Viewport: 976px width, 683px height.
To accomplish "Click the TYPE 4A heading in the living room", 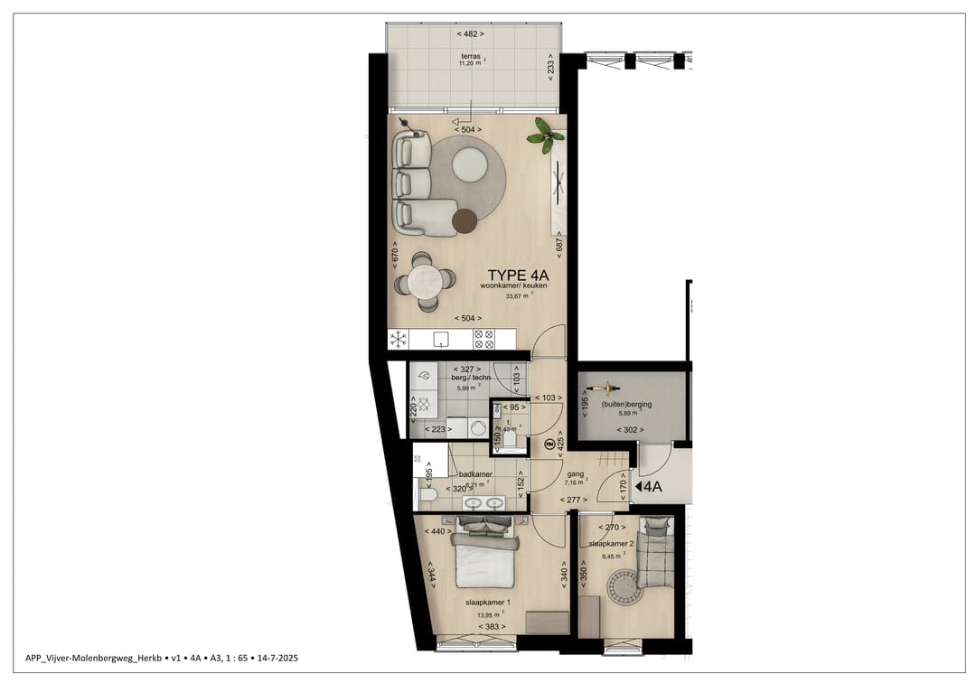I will pos(519,276).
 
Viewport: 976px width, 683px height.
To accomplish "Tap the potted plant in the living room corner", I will pos(545,136).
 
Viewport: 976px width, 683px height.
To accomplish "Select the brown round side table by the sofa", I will pos(465,220).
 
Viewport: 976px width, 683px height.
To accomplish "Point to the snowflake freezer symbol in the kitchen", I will pos(398,339).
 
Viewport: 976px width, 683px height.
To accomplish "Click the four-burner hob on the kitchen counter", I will pos(483,339).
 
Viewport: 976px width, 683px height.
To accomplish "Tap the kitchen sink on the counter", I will pos(442,339).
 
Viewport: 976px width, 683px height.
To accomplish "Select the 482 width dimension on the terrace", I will pos(470,33).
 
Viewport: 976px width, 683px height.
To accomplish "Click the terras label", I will pos(470,55).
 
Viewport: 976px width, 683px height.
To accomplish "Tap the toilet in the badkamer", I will pos(427,494).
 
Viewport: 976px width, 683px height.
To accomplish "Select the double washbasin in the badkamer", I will pos(483,502).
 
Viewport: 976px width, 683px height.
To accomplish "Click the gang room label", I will pos(574,473).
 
